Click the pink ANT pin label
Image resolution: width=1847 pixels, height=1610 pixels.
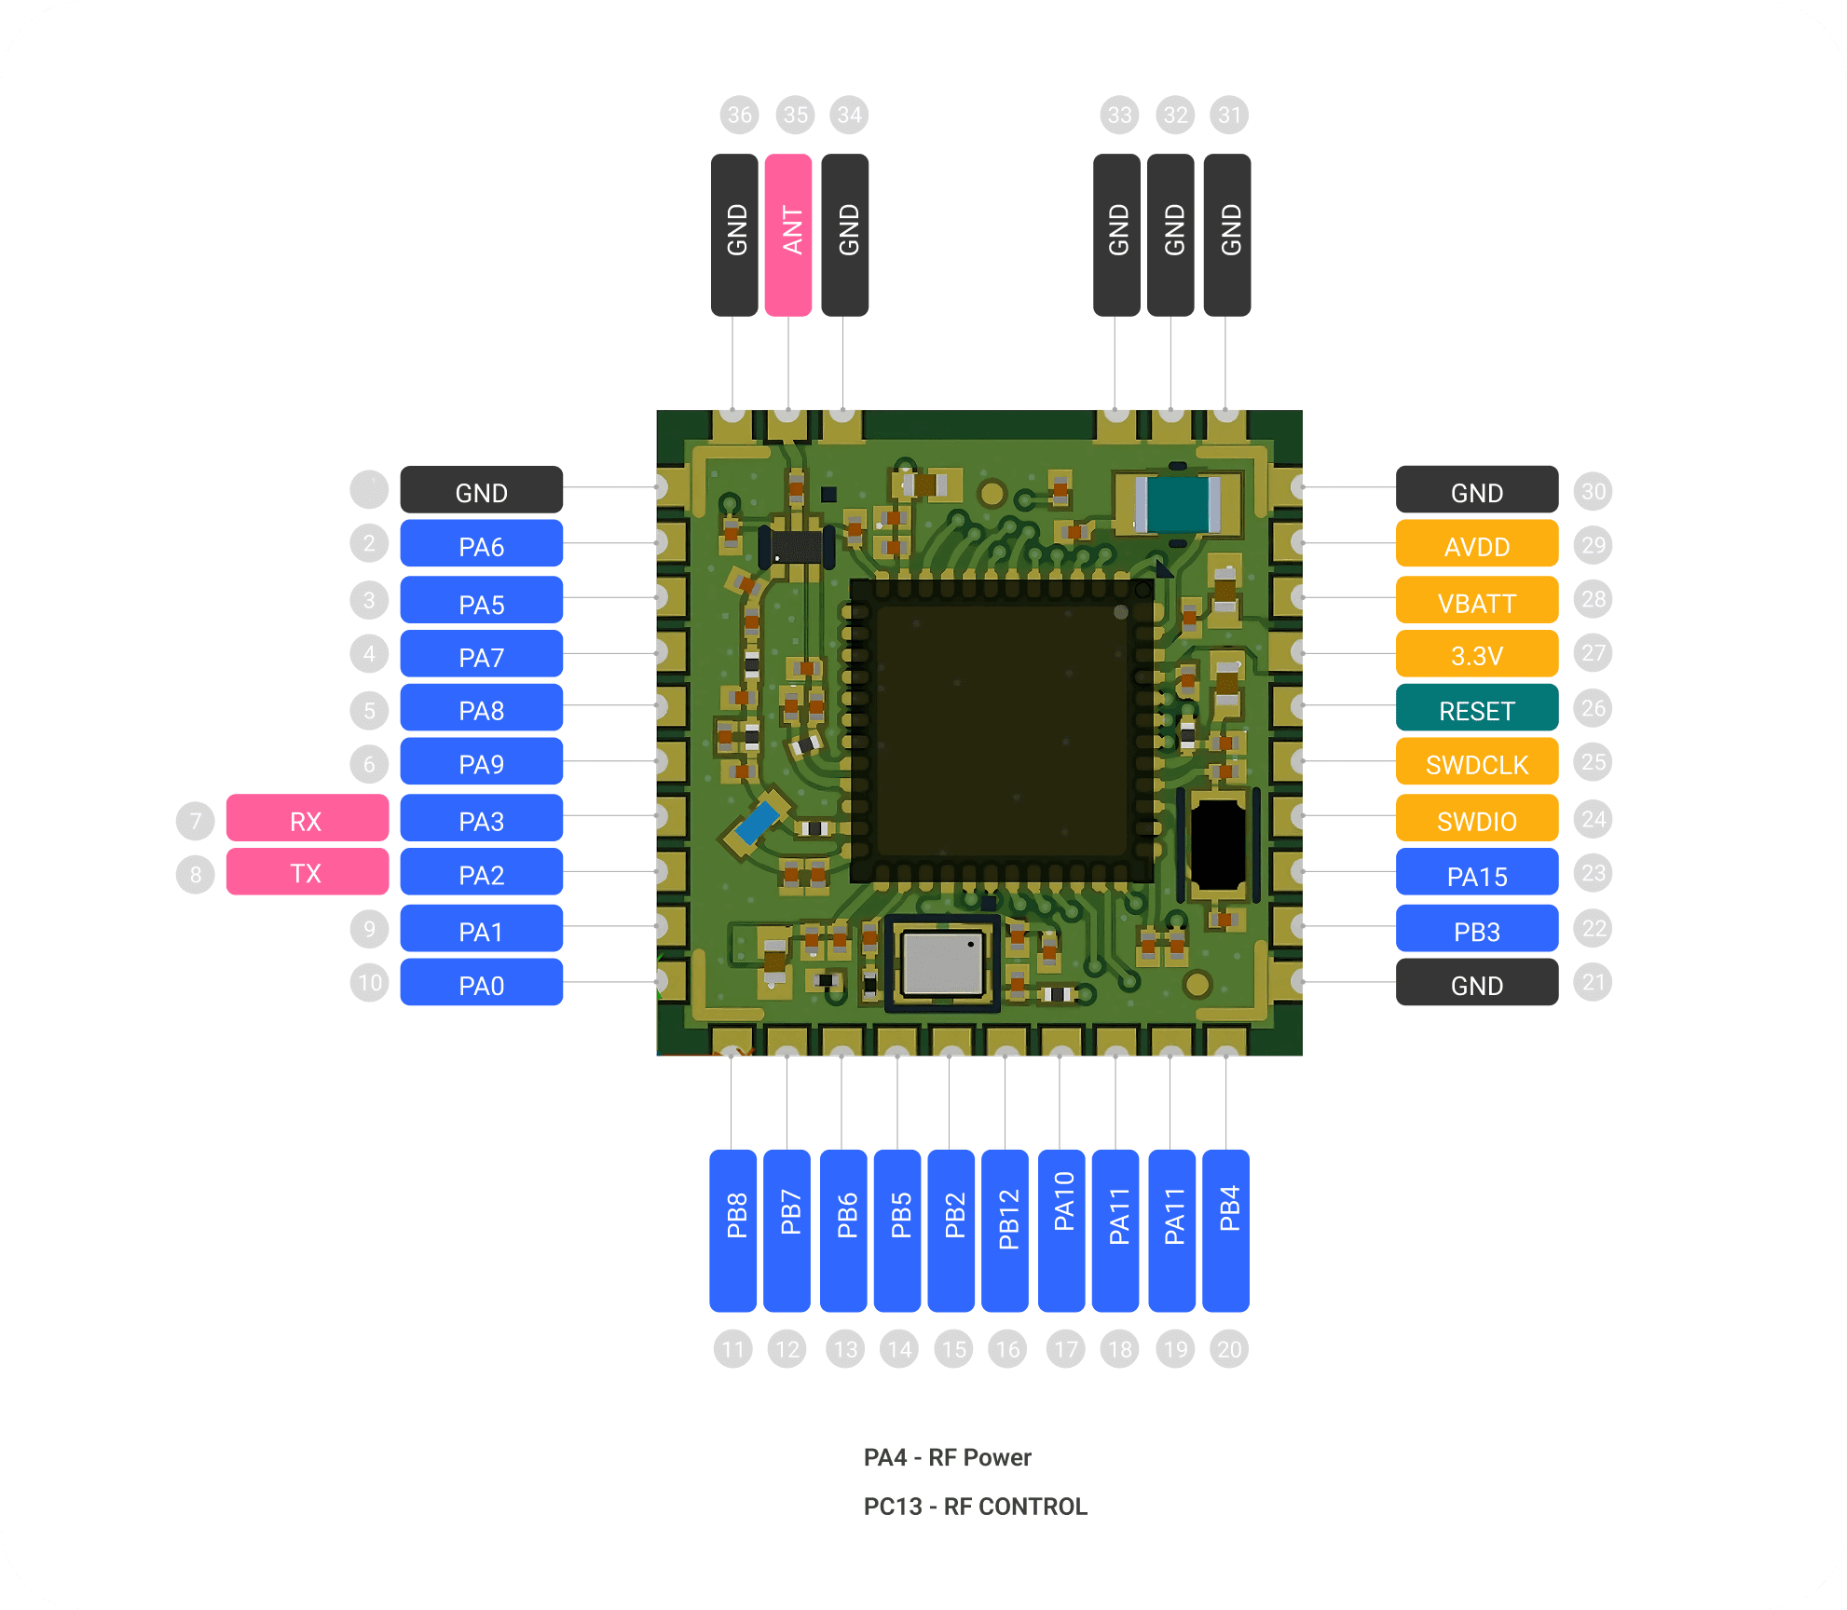788,235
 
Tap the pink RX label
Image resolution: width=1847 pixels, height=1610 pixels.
307,819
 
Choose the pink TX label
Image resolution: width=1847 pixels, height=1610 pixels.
307,872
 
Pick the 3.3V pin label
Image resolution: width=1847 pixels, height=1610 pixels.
1476,654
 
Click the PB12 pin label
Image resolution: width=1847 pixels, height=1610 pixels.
1006,1230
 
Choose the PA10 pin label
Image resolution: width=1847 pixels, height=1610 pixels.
1062,1230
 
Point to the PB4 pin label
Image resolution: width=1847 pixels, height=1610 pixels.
1226,1230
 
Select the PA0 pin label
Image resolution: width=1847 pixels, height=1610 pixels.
481,983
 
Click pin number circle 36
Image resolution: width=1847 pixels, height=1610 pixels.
740,115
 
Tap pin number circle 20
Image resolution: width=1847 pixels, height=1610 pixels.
1229,1349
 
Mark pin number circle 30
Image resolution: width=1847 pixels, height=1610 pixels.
1594,491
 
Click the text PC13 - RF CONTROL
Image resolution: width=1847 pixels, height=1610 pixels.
975,1507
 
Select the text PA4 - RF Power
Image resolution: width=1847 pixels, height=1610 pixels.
947,1457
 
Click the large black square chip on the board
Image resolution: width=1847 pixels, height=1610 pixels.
1001,730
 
